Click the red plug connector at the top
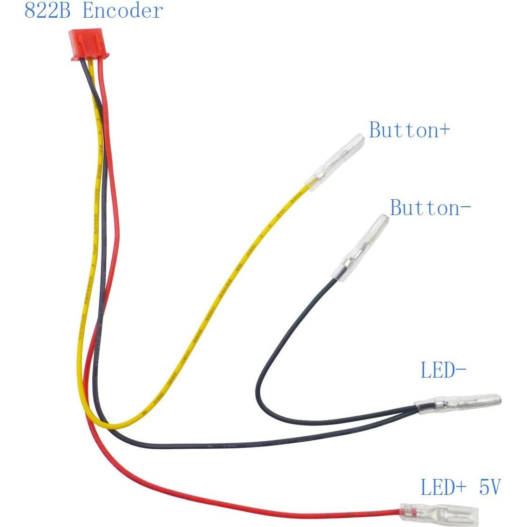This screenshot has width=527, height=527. (x=88, y=46)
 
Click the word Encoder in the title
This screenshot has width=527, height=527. (x=123, y=11)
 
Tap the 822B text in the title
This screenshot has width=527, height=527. (x=47, y=11)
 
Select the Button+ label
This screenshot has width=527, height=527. (x=409, y=130)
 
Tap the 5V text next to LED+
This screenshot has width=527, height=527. (x=489, y=487)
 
